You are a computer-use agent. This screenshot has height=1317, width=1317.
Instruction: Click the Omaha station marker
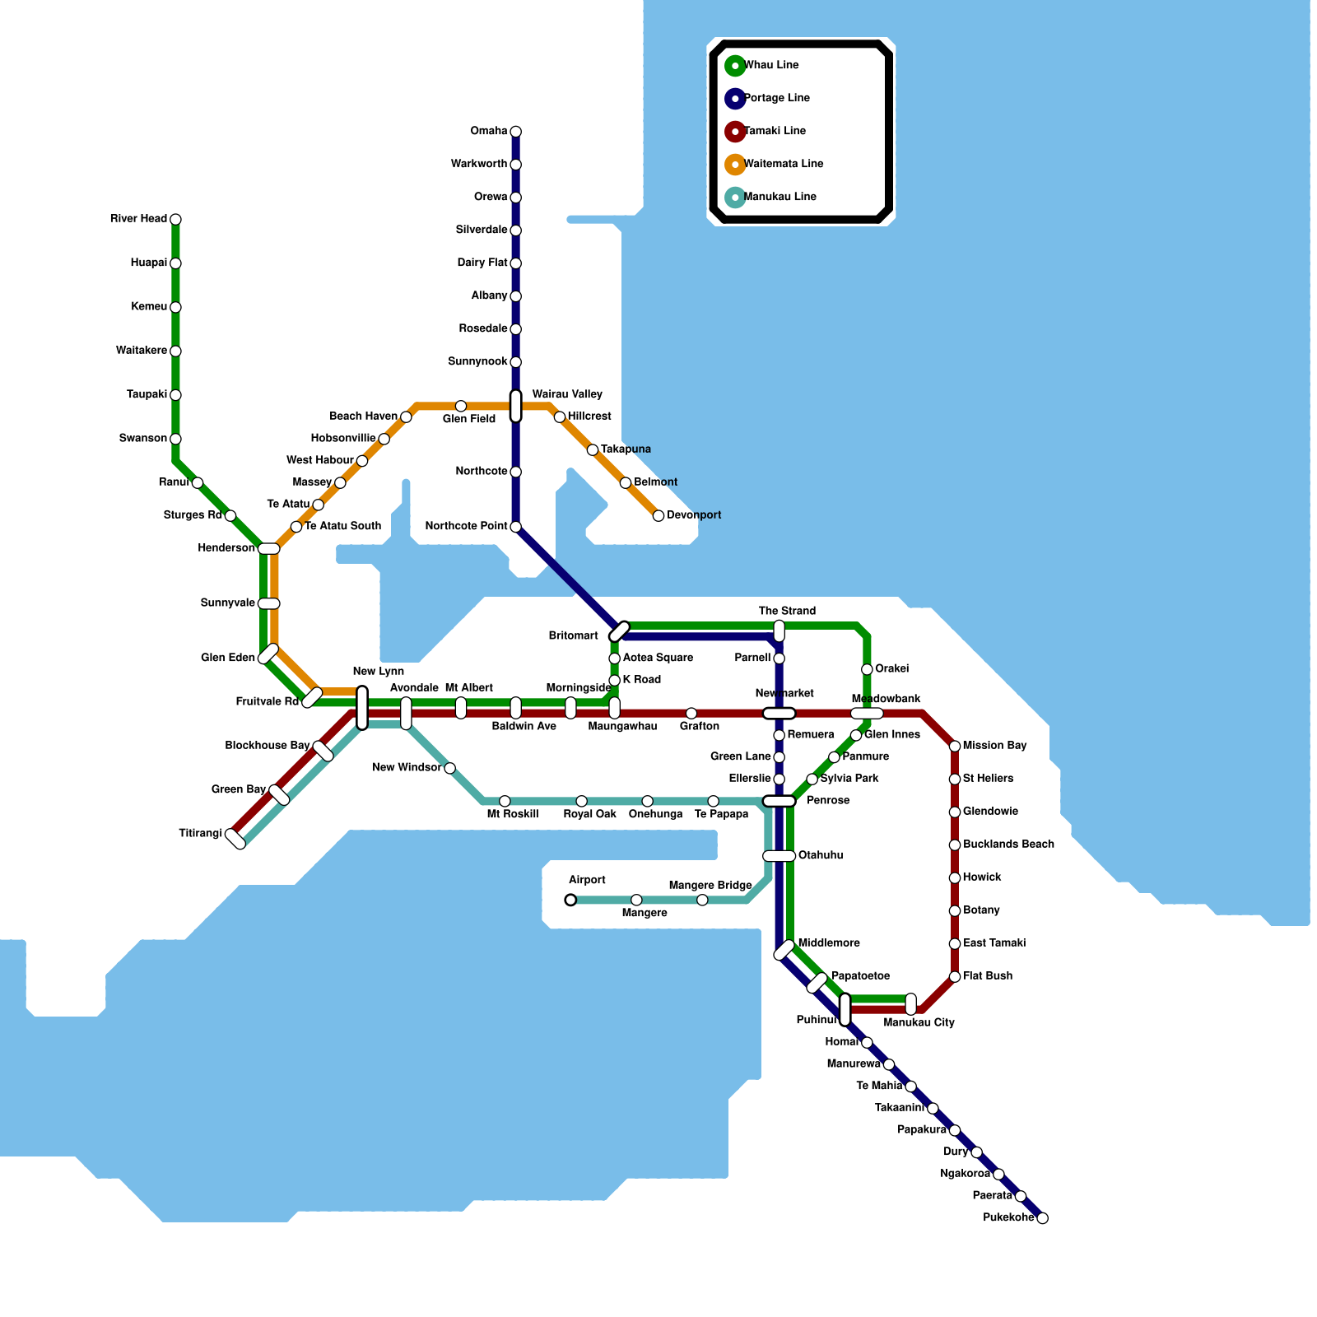pyautogui.click(x=515, y=132)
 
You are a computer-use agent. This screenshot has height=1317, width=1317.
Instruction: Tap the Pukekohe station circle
pyautogui.click(x=1042, y=1218)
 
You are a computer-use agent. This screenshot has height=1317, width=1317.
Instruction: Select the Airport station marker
pyautogui.click(x=570, y=900)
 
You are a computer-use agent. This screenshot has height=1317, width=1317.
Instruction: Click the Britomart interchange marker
pyautogui.click(x=619, y=631)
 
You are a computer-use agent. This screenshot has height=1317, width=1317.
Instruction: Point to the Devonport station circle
pyautogui.click(x=658, y=516)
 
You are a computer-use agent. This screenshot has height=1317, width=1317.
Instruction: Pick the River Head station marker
pyautogui.click(x=175, y=219)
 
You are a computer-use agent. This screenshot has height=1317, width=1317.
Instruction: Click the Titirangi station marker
pyautogui.click(x=235, y=839)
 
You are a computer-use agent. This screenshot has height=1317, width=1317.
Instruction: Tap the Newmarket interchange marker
pyautogui.click(x=779, y=714)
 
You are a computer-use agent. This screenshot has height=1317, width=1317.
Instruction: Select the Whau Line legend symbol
pyautogui.click(x=735, y=65)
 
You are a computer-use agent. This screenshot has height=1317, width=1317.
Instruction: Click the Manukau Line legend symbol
pyautogui.click(x=735, y=197)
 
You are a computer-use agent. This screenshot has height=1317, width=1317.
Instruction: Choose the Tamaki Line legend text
pyautogui.click(x=775, y=131)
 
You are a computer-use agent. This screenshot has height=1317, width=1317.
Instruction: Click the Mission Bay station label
pyautogui.click(x=994, y=746)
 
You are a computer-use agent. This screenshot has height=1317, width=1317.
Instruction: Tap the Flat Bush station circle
pyautogui.click(x=955, y=977)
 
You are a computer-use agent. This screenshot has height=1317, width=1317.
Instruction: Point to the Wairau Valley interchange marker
pyautogui.click(x=515, y=406)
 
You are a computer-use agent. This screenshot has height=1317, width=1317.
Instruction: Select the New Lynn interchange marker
pyautogui.click(x=362, y=708)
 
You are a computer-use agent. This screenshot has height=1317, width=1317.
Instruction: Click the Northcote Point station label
pyautogui.click(x=466, y=527)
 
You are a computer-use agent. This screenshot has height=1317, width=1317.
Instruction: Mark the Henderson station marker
pyautogui.click(x=269, y=549)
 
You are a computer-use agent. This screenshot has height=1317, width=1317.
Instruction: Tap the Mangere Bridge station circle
pyautogui.click(x=702, y=900)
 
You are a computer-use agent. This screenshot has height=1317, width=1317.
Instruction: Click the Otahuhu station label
pyautogui.click(x=820, y=856)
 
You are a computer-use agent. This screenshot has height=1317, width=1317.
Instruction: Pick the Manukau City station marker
pyautogui.click(x=910, y=1004)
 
